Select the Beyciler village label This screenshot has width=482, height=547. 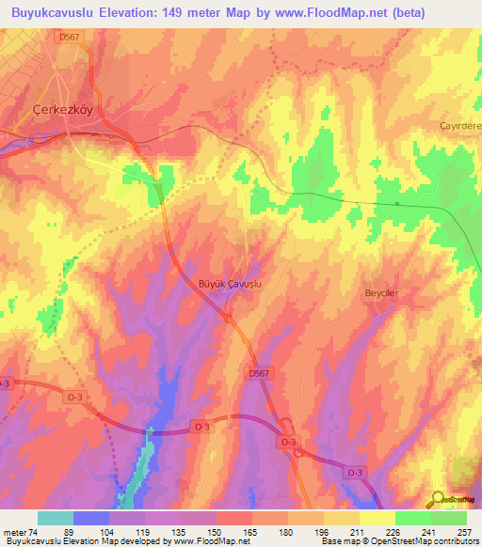point(383,294)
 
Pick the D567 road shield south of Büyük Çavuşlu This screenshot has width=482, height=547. point(261,374)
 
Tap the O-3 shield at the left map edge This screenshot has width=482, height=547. point(5,383)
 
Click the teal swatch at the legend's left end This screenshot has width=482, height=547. point(56,518)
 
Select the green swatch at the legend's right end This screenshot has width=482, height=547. point(449,518)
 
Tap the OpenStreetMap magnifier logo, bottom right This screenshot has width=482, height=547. point(438,498)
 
